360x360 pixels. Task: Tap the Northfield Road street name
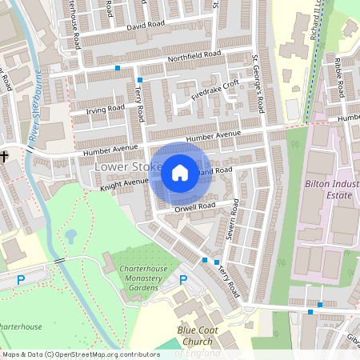tap(194, 57)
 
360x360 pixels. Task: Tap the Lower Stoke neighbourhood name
tap(122, 166)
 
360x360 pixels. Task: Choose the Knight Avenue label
tap(124, 183)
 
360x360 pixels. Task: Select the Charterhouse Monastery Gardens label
tap(134, 277)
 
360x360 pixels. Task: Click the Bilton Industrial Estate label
tap(330, 188)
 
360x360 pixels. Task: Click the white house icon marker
tap(180, 172)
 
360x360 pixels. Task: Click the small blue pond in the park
tap(70, 236)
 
